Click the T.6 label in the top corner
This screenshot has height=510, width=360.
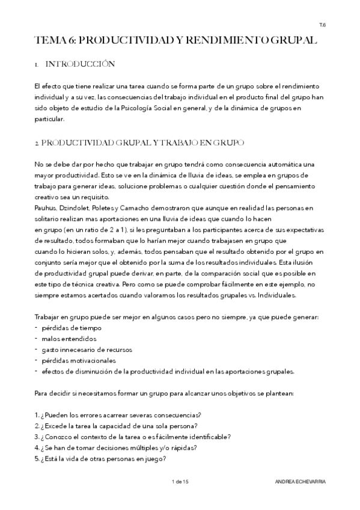click(x=323, y=25)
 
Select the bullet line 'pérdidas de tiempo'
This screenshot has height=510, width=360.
click(x=72, y=328)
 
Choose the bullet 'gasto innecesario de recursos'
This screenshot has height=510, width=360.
click(x=87, y=350)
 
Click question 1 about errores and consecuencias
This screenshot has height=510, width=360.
click(x=118, y=415)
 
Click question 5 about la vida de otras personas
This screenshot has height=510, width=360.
click(x=100, y=458)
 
